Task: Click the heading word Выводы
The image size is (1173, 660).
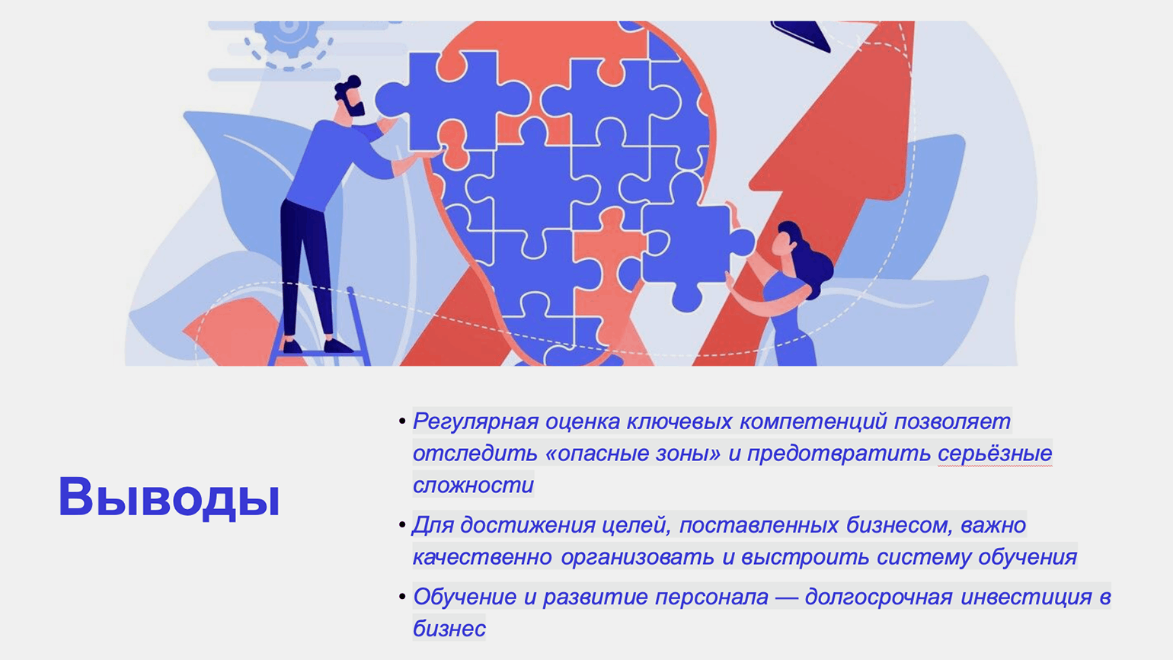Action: click(169, 498)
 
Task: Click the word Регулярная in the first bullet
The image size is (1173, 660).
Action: click(475, 422)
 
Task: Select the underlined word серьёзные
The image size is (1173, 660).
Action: click(995, 453)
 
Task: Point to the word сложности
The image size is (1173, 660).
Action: click(474, 485)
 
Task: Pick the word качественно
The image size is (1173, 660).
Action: click(482, 557)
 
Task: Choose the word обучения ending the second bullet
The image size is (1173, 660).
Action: click(1028, 557)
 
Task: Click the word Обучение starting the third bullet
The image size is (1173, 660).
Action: click(465, 598)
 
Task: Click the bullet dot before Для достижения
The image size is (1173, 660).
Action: click(402, 524)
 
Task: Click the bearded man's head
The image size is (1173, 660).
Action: click(350, 98)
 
